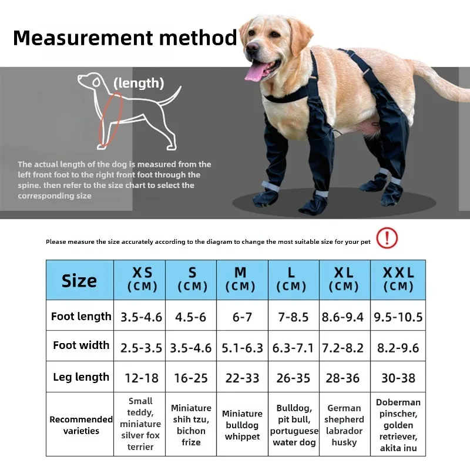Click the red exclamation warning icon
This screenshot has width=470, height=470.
387,238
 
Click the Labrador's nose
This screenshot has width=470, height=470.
252,46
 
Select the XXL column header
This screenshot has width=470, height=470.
398,280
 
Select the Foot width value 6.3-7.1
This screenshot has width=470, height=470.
293,348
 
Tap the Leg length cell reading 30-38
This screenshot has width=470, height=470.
398,377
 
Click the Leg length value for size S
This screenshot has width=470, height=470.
191,378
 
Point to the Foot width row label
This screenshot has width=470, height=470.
81,345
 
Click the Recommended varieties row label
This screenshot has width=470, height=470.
81,425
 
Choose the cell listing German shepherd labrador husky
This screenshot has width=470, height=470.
345,424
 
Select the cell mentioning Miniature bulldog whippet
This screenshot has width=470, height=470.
242,424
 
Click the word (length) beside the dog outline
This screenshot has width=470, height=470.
139,83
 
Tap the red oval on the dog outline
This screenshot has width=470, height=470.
111,120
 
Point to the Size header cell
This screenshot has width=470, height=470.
80,280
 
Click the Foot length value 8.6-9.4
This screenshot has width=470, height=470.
343,317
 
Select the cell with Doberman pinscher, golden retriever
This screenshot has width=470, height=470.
398,424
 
